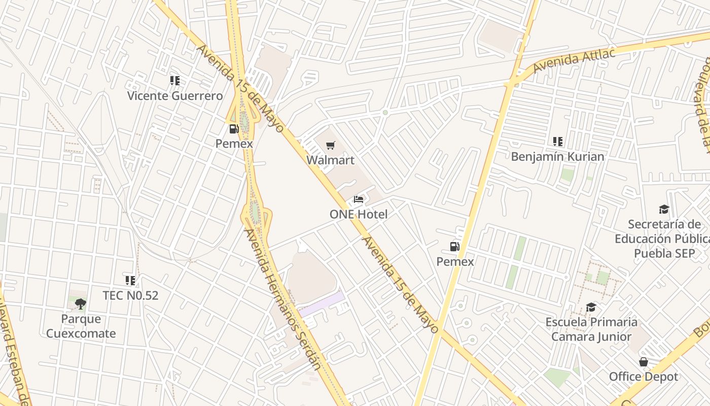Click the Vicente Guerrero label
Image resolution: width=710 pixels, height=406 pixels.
coord(174,96)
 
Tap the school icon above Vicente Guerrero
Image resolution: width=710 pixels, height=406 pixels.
coord(175,81)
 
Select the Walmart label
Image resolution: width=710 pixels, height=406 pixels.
coord(330,160)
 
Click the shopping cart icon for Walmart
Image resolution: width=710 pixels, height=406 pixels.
coord(331,146)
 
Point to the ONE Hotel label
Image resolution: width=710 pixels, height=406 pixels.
coord(359,214)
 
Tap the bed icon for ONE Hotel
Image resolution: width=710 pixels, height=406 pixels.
coord(359,200)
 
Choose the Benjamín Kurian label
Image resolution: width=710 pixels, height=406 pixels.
coord(557,156)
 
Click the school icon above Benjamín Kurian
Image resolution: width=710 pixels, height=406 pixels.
coord(558,142)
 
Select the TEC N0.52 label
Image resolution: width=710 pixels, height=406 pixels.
coord(130,295)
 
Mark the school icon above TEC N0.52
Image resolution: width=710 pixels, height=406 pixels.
coord(130,280)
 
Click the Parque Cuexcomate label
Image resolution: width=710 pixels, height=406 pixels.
coord(81,326)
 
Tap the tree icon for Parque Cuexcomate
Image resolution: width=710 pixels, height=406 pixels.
coord(80,304)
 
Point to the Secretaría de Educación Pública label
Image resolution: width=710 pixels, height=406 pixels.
coord(664,239)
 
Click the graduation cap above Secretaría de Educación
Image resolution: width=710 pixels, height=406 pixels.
coord(664,210)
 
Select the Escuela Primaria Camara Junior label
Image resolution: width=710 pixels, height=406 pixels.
coord(591,329)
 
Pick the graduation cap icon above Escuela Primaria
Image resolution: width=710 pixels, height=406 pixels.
coord(591,308)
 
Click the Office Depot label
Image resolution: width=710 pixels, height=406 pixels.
coord(643,377)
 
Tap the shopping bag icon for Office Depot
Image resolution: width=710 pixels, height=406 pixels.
coord(643,362)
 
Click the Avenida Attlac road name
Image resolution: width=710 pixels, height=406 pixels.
coord(574,60)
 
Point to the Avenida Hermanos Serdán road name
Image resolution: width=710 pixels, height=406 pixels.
coord(281,299)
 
